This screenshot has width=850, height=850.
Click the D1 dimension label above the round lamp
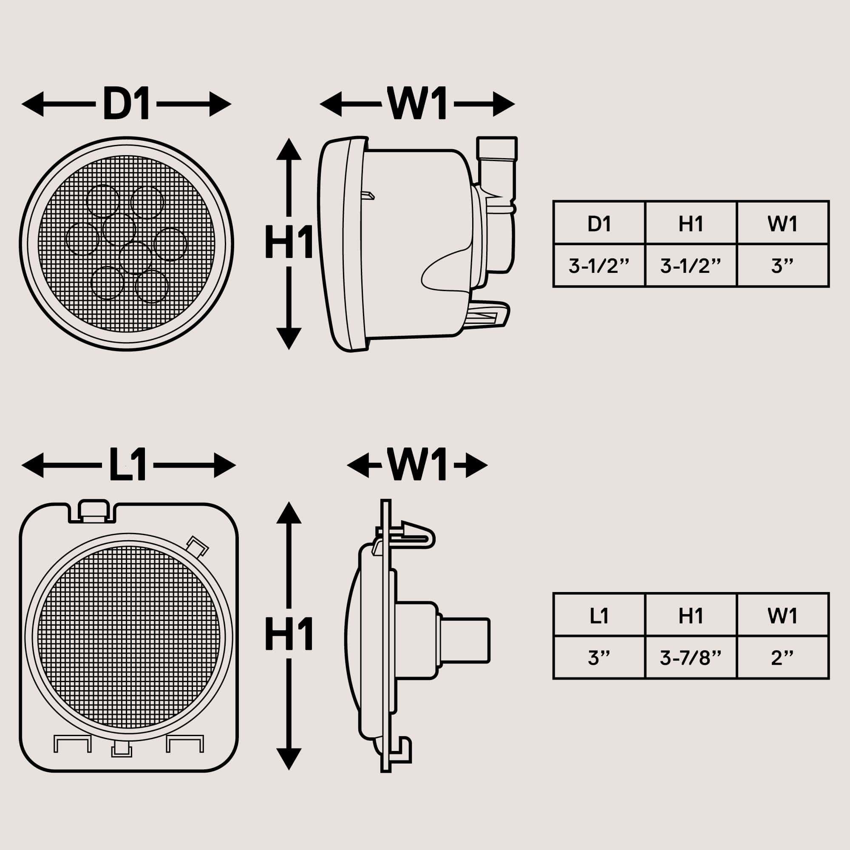tap(126, 104)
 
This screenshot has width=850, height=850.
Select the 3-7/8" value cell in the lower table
tap(691, 658)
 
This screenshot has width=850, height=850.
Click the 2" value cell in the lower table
tap(782, 658)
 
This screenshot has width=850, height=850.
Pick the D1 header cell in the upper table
tap(599, 224)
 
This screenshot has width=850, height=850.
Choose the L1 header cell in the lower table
tap(599, 615)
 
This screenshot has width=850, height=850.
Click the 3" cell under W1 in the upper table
tap(782, 266)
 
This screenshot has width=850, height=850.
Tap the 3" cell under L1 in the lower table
tap(599, 658)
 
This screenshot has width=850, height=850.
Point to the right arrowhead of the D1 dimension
tap(220, 104)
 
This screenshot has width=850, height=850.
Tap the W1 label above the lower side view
tap(416, 465)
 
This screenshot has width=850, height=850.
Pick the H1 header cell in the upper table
tap(691, 224)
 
